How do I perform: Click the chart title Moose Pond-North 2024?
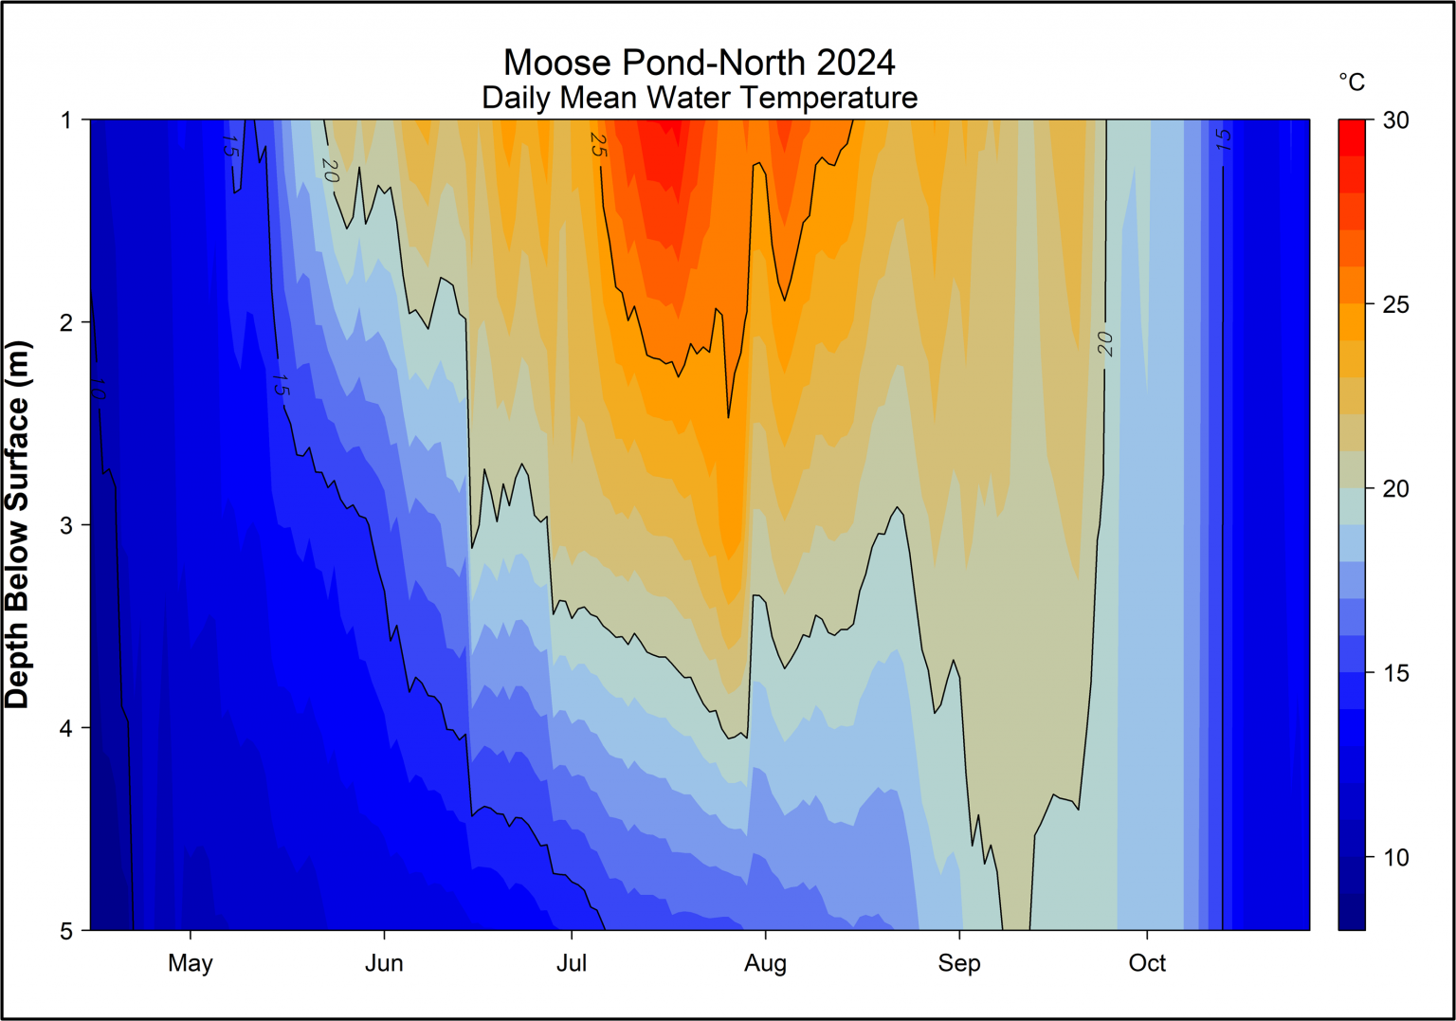(699, 63)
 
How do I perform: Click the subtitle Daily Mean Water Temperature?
(699, 98)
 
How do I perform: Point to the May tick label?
(191, 963)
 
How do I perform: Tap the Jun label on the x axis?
(384, 963)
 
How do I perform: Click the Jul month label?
(572, 963)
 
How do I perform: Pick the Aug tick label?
(765, 963)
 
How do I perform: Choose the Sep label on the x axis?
(959, 963)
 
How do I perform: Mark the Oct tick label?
(1147, 963)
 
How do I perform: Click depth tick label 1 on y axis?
(66, 120)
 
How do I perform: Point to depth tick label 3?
(66, 525)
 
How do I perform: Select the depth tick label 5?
(66, 931)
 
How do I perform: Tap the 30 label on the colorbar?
(1395, 120)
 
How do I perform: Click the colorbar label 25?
(1395, 304)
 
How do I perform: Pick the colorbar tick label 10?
(1395, 857)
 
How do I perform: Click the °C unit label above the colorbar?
(1352, 82)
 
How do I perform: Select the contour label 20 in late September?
(1105, 343)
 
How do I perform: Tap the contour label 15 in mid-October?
(1223, 140)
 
